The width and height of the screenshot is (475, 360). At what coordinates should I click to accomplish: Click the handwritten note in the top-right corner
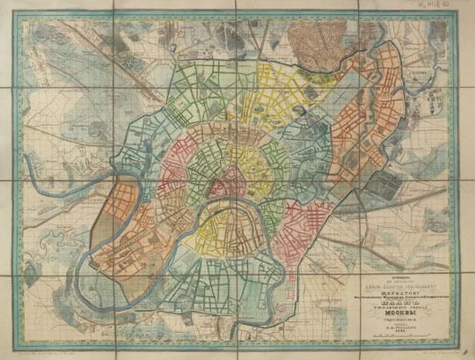[446, 5]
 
